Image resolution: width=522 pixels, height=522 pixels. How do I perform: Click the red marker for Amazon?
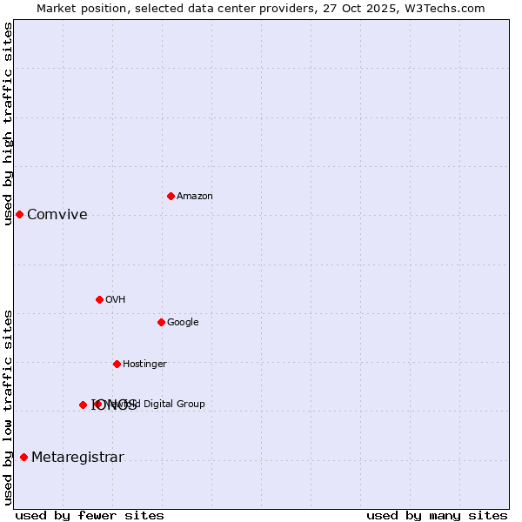click(x=171, y=196)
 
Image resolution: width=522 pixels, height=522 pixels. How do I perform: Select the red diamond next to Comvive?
click(x=19, y=214)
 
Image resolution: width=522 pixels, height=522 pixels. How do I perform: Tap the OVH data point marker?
click(x=99, y=299)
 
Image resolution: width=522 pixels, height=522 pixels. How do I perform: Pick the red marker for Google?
click(x=161, y=322)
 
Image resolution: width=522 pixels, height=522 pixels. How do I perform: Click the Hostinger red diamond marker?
click(x=117, y=364)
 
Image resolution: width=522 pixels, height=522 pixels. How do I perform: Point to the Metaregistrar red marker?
click(x=23, y=457)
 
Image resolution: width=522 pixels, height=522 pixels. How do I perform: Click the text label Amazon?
click(x=194, y=197)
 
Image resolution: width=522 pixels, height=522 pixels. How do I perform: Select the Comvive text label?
click(x=57, y=215)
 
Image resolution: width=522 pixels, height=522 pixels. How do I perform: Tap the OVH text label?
click(x=115, y=300)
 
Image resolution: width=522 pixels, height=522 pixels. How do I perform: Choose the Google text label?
click(x=183, y=323)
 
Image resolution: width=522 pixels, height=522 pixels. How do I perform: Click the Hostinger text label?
click(x=144, y=365)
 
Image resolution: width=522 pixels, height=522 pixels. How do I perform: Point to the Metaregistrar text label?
click(x=77, y=458)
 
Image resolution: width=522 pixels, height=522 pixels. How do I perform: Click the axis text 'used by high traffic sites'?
click(x=8, y=124)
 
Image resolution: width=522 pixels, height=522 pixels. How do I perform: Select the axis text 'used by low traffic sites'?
click(x=8, y=407)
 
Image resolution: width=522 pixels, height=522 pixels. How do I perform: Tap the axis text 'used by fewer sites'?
click(x=90, y=516)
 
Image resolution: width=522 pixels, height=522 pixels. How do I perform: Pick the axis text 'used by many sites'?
click(x=437, y=516)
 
